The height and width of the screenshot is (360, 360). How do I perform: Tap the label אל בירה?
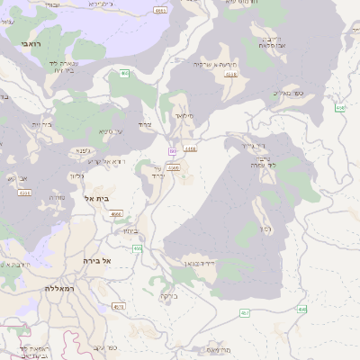(94, 260)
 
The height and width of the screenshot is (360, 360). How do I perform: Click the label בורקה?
(169, 295)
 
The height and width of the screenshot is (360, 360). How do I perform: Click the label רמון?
(264, 229)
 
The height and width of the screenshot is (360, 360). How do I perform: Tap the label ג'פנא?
(84, 151)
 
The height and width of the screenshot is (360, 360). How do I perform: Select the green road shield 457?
(244, 312)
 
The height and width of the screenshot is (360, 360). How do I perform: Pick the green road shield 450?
(138, 247)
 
